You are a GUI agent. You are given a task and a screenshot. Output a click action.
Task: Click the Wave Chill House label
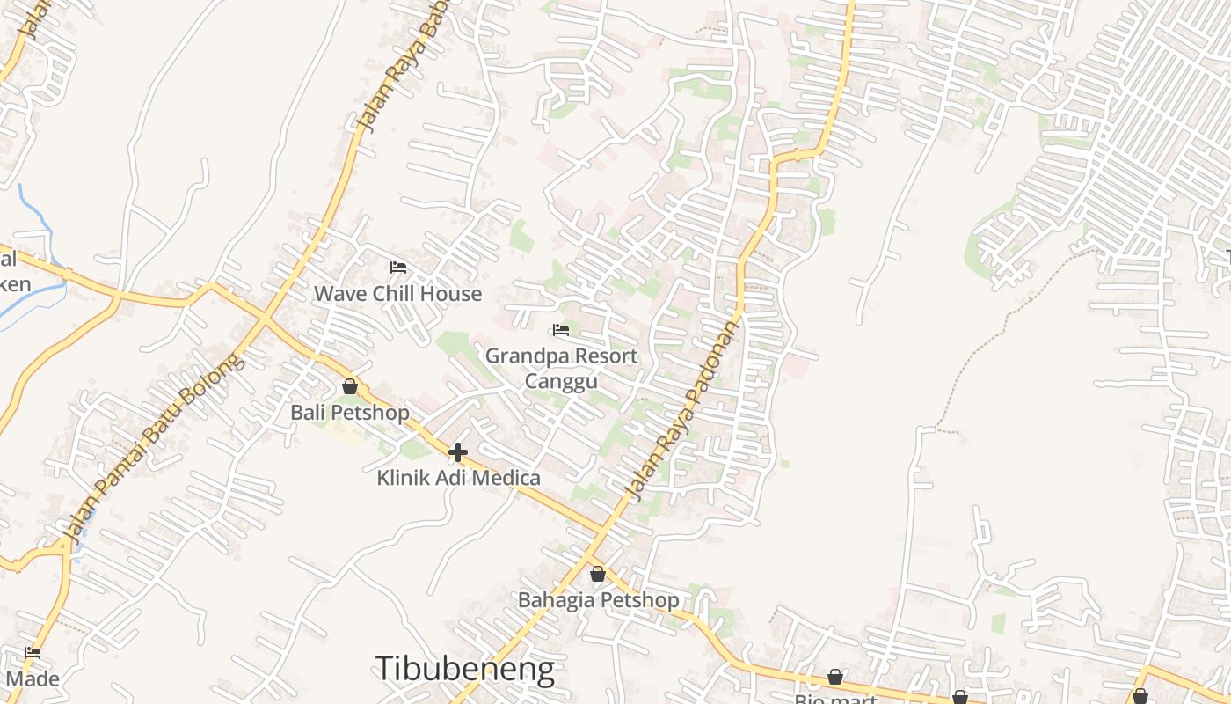(x=397, y=293)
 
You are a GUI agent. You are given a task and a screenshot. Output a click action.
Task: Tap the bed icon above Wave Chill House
(x=398, y=267)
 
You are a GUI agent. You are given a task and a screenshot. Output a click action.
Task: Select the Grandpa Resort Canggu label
(x=561, y=368)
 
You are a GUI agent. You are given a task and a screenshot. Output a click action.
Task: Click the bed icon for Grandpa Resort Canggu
(x=561, y=330)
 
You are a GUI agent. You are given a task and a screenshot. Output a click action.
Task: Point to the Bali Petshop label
(x=350, y=412)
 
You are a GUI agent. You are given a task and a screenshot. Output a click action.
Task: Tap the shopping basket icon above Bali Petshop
(x=350, y=386)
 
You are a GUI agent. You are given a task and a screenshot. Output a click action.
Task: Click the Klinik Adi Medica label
(x=458, y=478)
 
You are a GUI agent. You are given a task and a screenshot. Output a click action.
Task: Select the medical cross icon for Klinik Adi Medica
(x=458, y=452)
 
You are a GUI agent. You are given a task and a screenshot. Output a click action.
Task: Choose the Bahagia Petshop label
(x=598, y=600)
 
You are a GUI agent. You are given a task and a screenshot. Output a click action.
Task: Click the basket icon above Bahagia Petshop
(x=598, y=574)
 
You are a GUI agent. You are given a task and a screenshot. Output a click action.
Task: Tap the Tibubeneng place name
(x=464, y=669)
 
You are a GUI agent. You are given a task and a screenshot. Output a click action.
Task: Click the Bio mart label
(x=835, y=699)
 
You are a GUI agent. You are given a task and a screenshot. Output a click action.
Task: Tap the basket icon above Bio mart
(x=835, y=677)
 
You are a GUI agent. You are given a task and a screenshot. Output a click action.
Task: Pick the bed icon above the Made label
(x=33, y=653)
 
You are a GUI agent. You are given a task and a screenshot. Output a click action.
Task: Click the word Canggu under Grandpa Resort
(x=561, y=380)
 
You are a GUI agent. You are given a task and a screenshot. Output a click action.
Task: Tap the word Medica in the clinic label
(x=508, y=478)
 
